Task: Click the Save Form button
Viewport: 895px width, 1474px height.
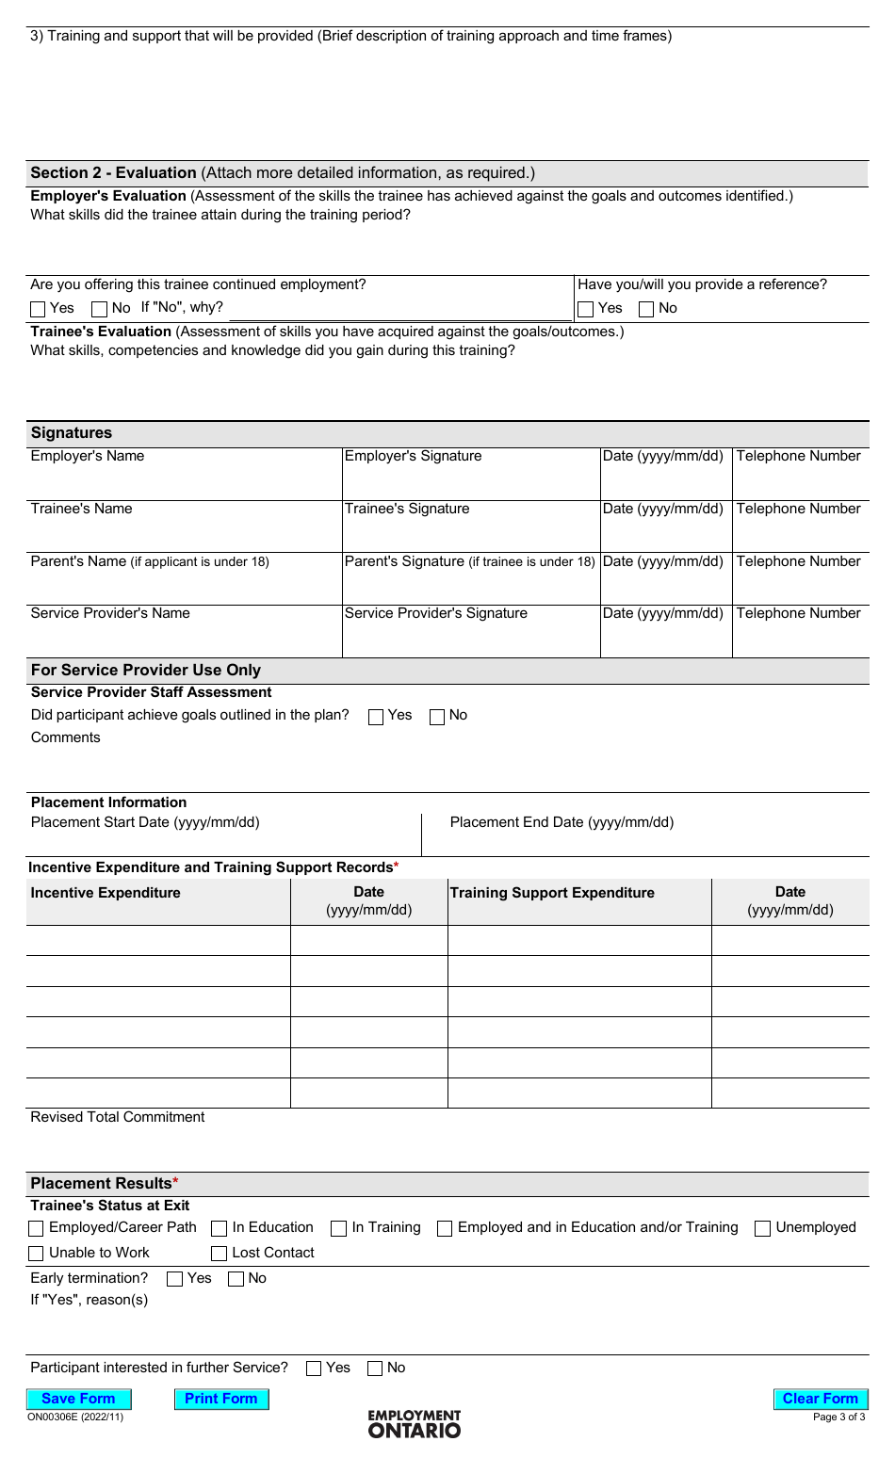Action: [x=78, y=1399]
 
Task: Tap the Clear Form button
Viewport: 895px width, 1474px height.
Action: [x=820, y=1399]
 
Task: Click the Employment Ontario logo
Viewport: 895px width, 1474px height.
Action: [x=415, y=1424]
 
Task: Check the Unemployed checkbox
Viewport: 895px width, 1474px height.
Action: [x=763, y=1228]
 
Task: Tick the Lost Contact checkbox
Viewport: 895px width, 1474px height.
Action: [x=220, y=1254]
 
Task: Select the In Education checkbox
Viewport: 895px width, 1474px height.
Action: [x=220, y=1228]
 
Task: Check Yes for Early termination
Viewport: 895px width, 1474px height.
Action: [x=174, y=1279]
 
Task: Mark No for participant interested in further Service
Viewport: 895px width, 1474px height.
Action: [x=375, y=1369]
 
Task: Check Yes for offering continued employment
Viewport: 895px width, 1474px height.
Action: [x=39, y=309]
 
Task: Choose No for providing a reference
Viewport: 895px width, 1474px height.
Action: [x=646, y=309]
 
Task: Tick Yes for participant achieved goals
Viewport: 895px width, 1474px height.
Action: [x=376, y=717]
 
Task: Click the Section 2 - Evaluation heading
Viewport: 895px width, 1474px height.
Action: [x=113, y=173]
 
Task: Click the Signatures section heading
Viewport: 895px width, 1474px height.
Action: [x=72, y=433]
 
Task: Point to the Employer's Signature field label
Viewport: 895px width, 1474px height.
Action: [x=413, y=456]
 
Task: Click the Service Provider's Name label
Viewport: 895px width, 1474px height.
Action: [x=110, y=613]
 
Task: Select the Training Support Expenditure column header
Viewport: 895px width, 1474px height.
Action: [x=552, y=893]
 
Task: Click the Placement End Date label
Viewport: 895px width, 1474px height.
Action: [x=561, y=822]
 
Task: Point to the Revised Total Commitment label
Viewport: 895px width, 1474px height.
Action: [x=118, y=1117]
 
